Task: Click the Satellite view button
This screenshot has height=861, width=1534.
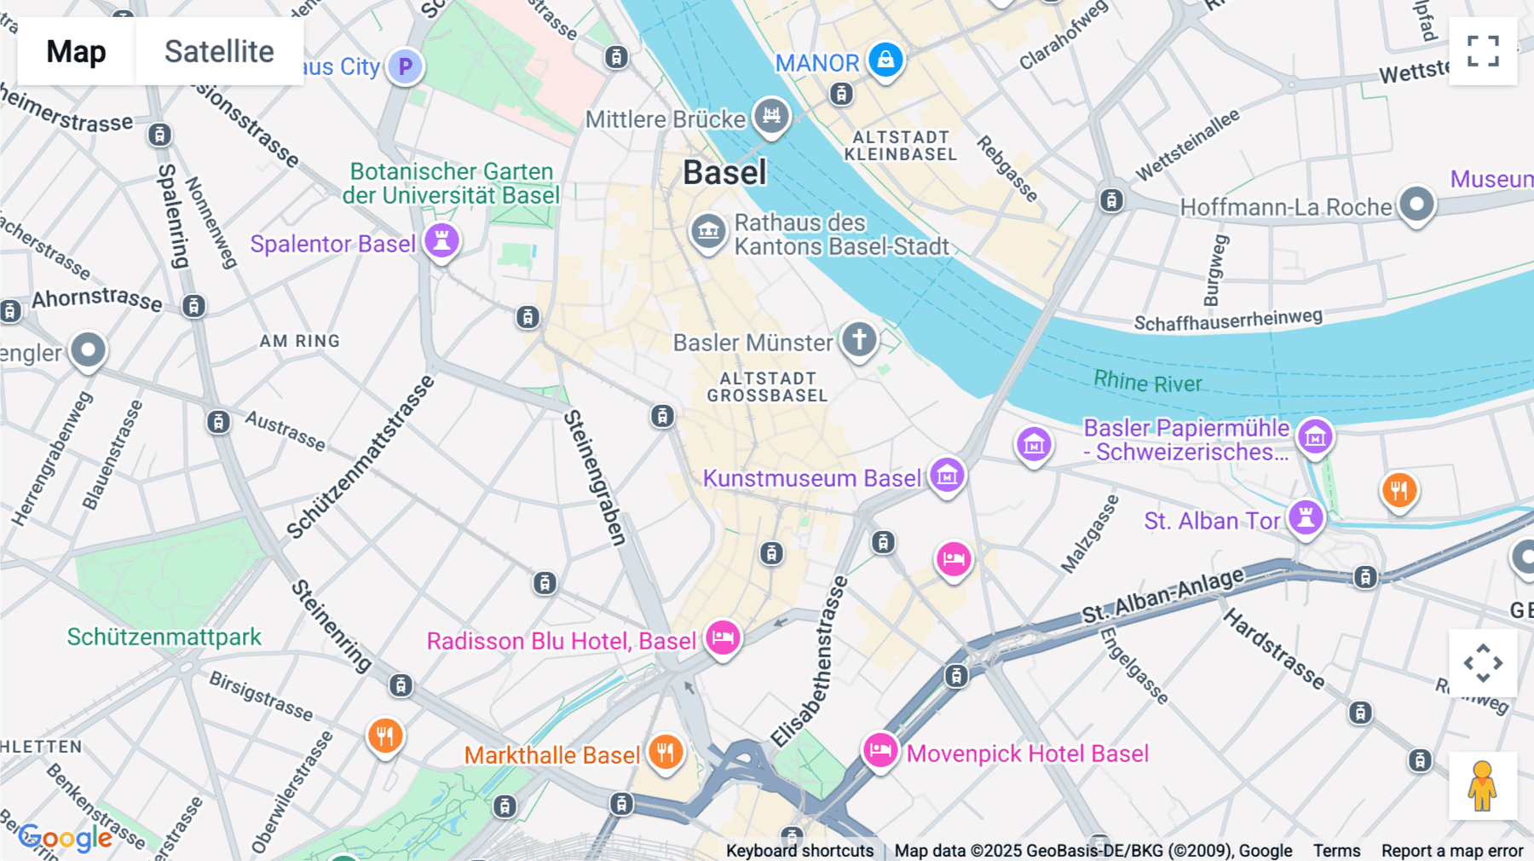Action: coord(219,52)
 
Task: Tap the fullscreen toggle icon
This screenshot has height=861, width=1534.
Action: coord(1483,51)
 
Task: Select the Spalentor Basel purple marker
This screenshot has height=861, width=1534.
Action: coord(441,240)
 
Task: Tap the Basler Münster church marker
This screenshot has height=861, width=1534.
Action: coord(859,339)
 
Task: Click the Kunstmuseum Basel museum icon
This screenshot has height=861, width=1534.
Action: coord(947,476)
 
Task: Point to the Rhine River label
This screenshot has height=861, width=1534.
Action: coord(1147,382)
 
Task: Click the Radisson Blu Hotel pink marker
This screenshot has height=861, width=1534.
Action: coord(723,638)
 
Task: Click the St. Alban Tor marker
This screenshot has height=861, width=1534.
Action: coord(1306,517)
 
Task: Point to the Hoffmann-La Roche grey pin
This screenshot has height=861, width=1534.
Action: coord(1416,205)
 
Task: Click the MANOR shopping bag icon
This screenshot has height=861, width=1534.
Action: coord(885,60)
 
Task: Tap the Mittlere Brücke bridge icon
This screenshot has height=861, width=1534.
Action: coord(771,114)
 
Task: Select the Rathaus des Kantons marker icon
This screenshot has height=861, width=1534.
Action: coord(708,230)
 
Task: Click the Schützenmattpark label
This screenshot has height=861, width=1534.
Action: coord(164,637)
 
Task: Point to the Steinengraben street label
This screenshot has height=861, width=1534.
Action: coord(596,477)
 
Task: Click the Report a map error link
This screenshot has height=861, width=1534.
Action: coord(1452,851)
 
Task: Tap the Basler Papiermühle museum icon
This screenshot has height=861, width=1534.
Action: coord(1314,437)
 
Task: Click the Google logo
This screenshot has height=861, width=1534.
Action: coord(65,838)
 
